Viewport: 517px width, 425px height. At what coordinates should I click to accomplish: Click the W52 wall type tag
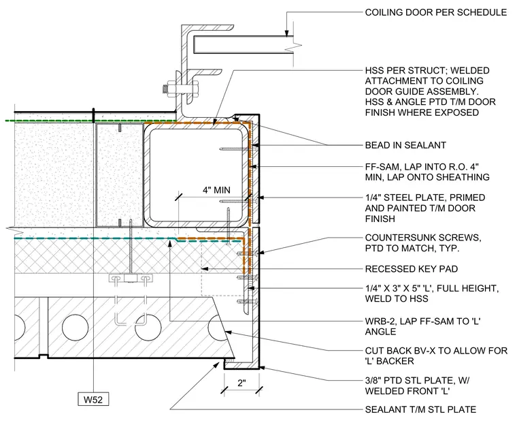93,400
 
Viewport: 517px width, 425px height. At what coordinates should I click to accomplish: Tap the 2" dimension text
241,383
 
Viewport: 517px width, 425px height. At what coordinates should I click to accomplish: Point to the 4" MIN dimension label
216,190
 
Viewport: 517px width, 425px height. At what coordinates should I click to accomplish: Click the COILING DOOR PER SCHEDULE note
435,12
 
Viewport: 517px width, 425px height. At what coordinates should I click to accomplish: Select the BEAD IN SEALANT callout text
405,145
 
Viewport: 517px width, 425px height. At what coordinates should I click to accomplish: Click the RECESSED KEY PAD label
411,269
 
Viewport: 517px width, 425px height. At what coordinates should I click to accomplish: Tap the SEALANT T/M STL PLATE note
420,409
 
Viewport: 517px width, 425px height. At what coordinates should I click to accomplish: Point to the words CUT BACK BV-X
399,351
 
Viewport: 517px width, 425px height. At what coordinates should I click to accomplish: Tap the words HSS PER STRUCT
405,71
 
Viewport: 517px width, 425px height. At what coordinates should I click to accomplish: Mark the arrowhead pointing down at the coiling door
287,33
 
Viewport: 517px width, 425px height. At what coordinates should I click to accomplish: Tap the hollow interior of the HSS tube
196,175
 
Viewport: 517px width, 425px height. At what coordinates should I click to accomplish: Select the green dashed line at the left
91,121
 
